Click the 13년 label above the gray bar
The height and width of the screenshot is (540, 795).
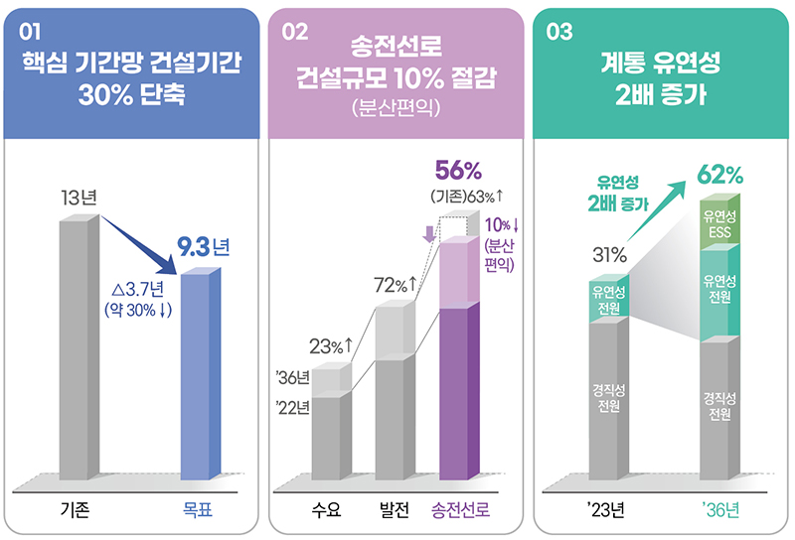pyautogui.click(x=78, y=197)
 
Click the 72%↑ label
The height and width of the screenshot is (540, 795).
pyautogui.click(x=395, y=287)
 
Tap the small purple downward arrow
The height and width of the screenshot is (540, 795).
pyautogui.click(x=429, y=234)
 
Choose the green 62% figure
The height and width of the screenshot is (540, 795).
pyautogui.click(x=720, y=176)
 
